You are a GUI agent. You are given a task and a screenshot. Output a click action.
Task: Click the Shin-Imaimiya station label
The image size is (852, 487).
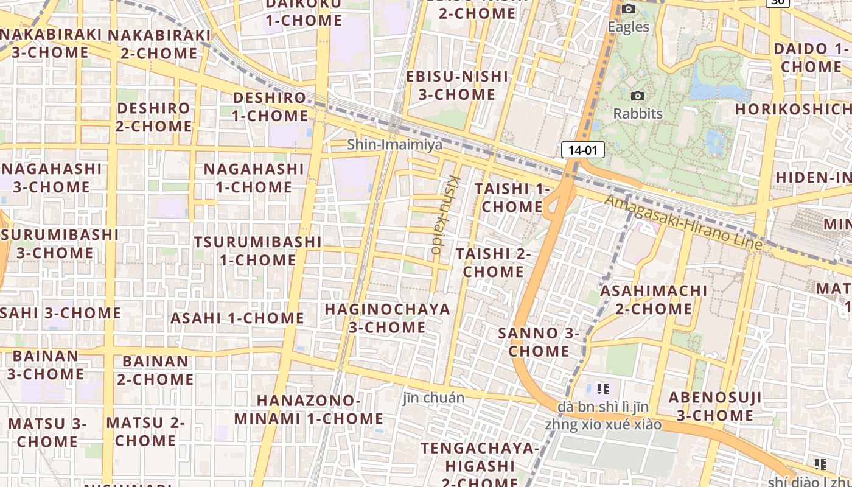pos(394,145)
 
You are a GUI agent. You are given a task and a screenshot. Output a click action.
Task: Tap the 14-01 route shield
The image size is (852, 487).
pos(582,150)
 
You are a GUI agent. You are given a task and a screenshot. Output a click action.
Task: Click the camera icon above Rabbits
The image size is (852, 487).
pos(638,96)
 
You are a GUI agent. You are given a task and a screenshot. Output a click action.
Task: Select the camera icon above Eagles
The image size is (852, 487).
pos(629,9)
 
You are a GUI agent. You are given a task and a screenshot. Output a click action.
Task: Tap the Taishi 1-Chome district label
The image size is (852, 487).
pos(512,197)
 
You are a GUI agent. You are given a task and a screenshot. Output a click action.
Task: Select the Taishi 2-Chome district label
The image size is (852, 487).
pos(493,262)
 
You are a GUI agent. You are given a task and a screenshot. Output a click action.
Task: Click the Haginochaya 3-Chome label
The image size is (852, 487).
pos(387,318)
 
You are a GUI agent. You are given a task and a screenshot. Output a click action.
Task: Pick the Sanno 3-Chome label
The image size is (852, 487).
pos(539,342)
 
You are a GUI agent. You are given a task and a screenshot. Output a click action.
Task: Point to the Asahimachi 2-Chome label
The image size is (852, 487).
pos(654,300)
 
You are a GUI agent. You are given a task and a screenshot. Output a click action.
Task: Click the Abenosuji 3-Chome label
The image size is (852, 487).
pos(714,407)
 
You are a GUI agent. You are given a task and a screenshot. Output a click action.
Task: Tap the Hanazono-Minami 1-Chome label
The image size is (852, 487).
pos(309,410)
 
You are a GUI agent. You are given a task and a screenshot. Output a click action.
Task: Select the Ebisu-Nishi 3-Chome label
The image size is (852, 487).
pos(456,85)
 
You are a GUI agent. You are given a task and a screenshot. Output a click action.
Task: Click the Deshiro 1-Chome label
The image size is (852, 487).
pos(270,107)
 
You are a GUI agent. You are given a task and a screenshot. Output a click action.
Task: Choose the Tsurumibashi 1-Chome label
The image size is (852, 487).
pos(257,250)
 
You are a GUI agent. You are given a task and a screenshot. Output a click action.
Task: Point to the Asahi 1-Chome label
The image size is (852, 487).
pos(237,318)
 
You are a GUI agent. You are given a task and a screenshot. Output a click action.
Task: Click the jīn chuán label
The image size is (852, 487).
pos(434,398)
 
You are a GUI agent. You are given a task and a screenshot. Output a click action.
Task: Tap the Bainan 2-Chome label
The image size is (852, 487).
pos(155,370)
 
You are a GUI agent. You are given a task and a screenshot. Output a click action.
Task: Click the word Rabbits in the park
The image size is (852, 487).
pos(638,114)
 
